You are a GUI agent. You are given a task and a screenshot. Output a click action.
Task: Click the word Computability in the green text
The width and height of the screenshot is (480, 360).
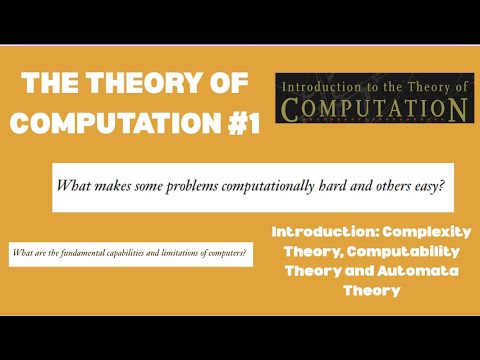pos(397,251)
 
